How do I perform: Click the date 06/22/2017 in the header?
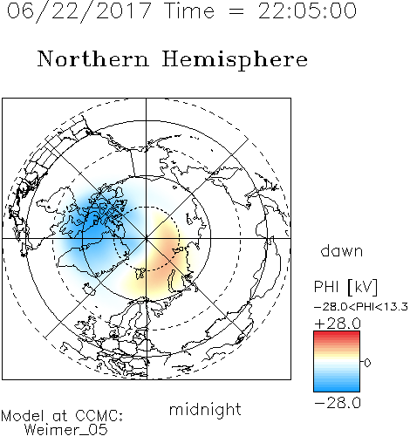tap(79, 11)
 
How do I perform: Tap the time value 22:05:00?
tap(307, 10)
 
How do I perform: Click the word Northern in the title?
tap(93, 58)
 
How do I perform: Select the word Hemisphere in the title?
tap(235, 59)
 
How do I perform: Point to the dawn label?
tap(342, 250)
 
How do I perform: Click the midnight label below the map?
tap(205, 409)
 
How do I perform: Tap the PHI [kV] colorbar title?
tap(345, 287)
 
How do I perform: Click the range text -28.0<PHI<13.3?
tap(361, 307)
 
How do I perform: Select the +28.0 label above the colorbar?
tap(338, 324)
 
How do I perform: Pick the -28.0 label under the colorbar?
tap(338, 403)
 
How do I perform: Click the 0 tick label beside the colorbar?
tap(367, 363)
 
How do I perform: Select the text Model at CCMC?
tap(62, 416)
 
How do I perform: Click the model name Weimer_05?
tap(66, 430)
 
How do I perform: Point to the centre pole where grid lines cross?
tap(147, 239)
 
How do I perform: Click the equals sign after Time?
tap(236, 11)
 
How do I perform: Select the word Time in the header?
tap(189, 11)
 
